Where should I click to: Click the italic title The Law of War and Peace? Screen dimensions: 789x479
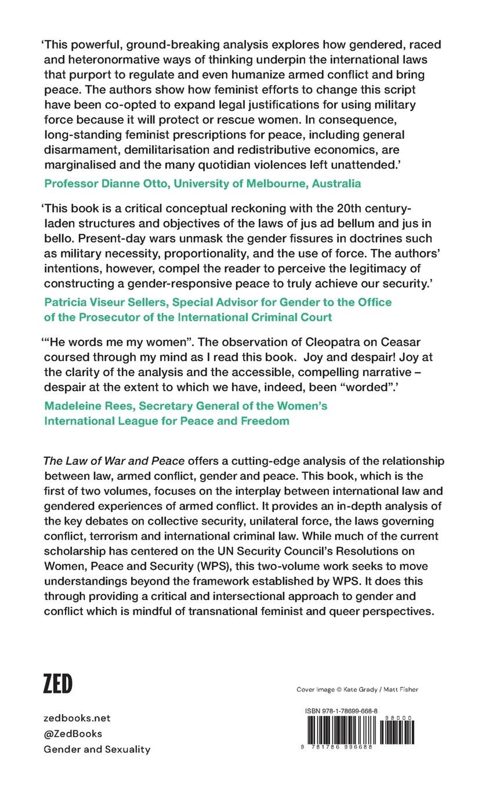[114, 461]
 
